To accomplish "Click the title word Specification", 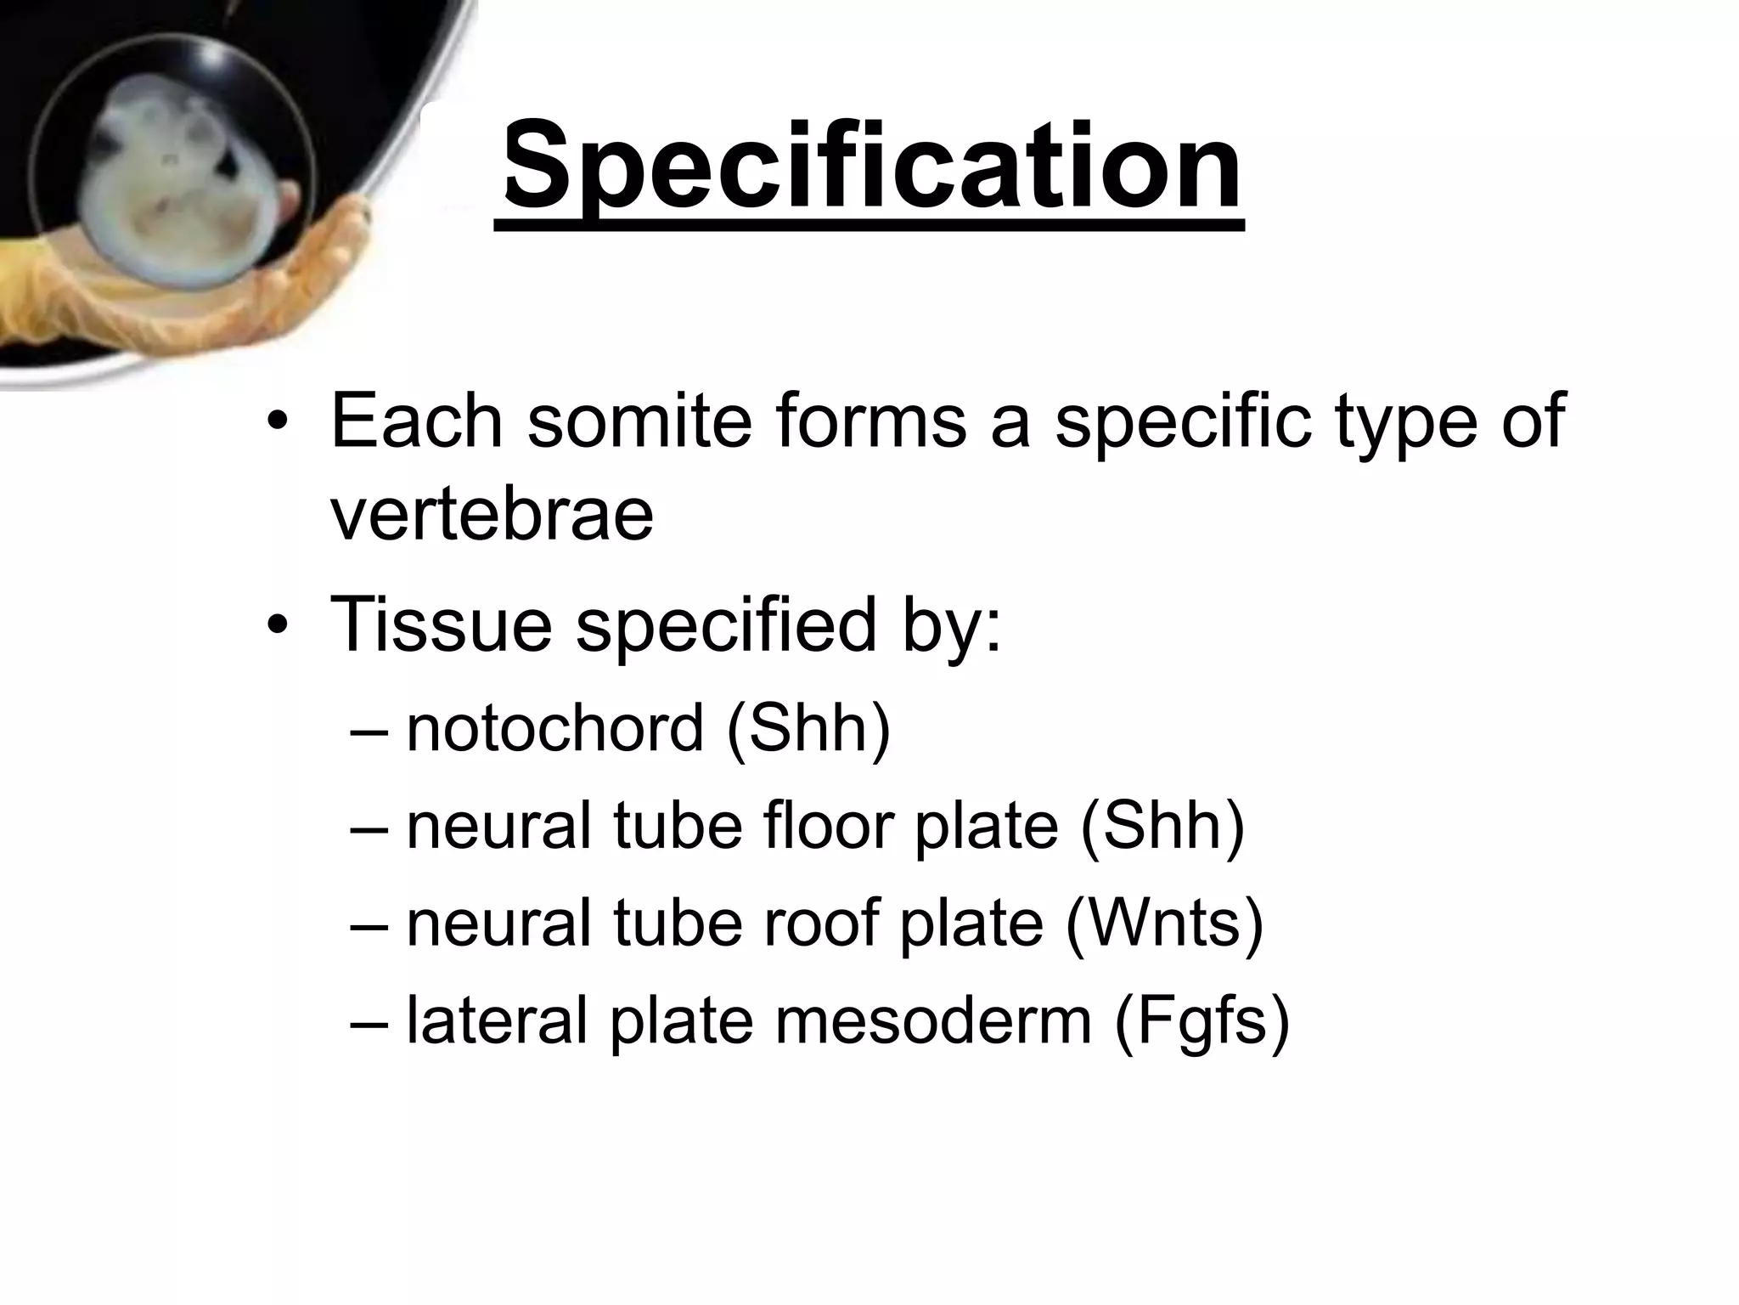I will (869, 166).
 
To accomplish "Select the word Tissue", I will (441, 624).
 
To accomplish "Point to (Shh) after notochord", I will (808, 728).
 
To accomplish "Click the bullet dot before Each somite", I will (277, 422).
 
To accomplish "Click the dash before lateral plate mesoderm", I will (369, 1021).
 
